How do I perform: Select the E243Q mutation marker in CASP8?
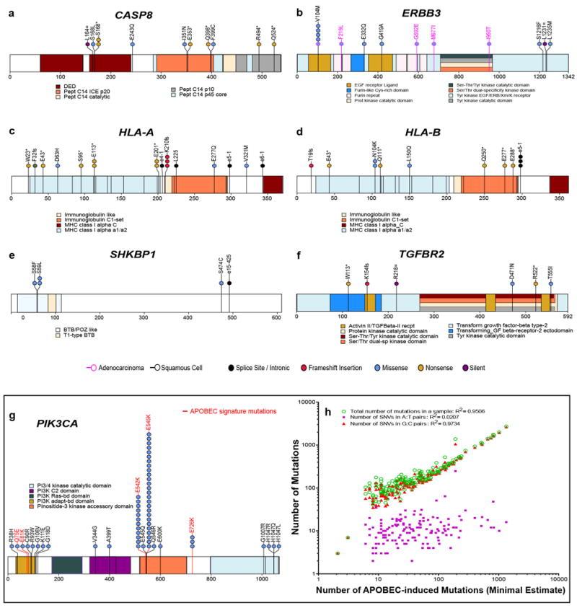pos(132,45)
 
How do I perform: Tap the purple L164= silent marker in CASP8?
pos(88,45)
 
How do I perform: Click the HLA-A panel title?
pos(147,130)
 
